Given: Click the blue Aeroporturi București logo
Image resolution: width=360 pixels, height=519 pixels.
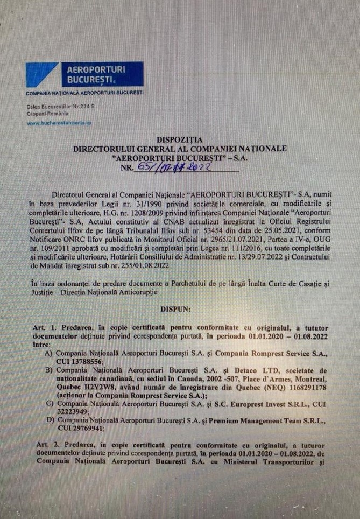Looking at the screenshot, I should click(84, 74).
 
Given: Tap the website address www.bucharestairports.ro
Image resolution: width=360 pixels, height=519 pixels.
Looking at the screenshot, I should click(59, 123).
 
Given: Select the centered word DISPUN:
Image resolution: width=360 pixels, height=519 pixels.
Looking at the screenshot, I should click(180, 311).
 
